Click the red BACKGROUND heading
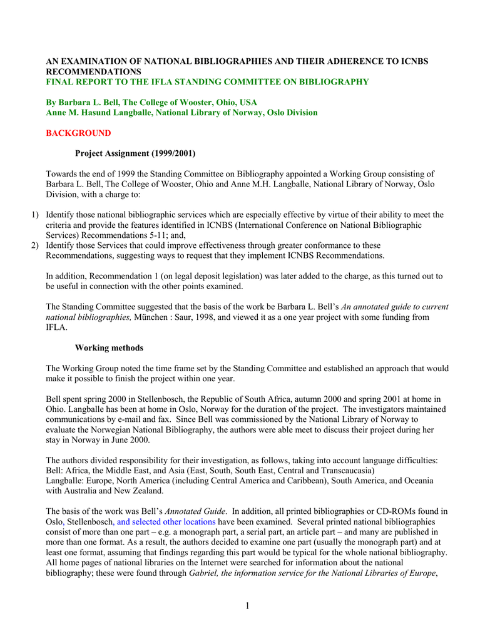pos(78,133)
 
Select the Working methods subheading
pos(109,348)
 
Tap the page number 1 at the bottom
pos(248,606)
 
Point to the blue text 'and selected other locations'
pos(166,521)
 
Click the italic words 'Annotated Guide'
pos(194,511)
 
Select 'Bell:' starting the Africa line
pos(55,470)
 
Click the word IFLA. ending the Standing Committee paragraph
pos(57,327)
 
